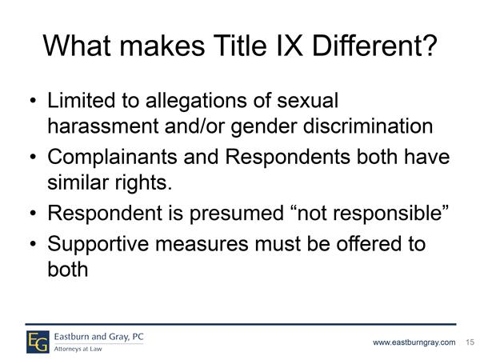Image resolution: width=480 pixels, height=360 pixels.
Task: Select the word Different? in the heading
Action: [x=374, y=46]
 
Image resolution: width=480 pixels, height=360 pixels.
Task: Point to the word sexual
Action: [x=308, y=100]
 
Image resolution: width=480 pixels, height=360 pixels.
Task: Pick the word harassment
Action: [x=103, y=126]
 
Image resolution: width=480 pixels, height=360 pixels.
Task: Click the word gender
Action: [x=264, y=127]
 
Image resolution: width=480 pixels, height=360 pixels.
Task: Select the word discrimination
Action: [x=368, y=126]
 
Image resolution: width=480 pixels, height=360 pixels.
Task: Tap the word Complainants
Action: [x=112, y=158]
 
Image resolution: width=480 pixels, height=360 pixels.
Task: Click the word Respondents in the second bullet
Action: [x=287, y=158]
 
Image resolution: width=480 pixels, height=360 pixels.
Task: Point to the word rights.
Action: [x=143, y=183]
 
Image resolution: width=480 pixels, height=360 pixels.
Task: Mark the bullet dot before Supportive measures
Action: [x=33, y=244]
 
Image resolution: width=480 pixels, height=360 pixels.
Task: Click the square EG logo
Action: [x=38, y=342]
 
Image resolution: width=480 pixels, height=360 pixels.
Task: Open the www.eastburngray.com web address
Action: [x=414, y=342]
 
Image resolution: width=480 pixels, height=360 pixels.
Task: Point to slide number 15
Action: [x=470, y=342]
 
